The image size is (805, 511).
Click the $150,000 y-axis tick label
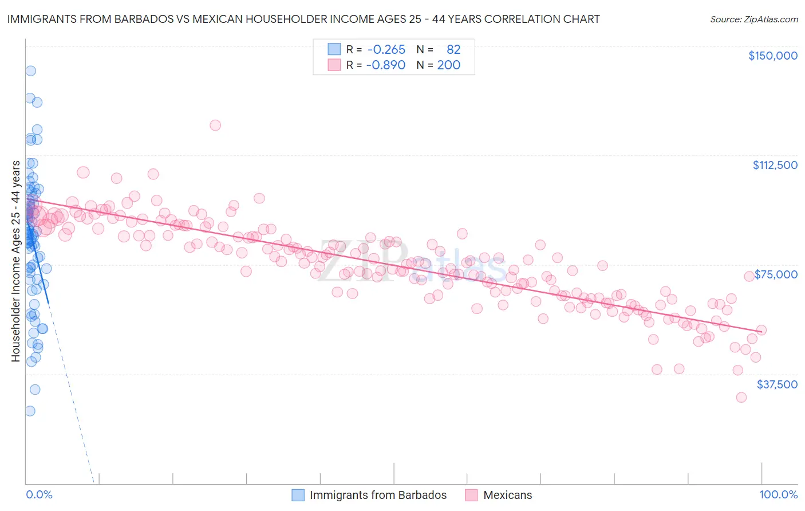pyautogui.click(x=772, y=56)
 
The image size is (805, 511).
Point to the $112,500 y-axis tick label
pyautogui.click(x=775, y=165)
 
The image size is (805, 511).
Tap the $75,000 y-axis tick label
pyautogui.click(x=776, y=274)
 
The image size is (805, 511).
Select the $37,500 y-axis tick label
pyautogui.click(x=777, y=384)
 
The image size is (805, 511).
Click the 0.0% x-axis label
pyautogui.click(x=39, y=495)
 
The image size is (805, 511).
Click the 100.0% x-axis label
pyautogui.click(x=778, y=495)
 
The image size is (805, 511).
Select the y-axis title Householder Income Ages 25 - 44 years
pyautogui.click(x=15, y=261)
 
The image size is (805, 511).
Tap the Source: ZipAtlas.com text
pyautogui.click(x=753, y=19)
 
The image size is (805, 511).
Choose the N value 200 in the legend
pyautogui.click(x=448, y=65)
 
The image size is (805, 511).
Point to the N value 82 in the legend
pyautogui.click(x=453, y=50)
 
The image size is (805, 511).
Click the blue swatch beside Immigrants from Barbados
pyautogui.click(x=298, y=495)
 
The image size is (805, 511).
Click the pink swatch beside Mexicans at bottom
pyautogui.click(x=471, y=495)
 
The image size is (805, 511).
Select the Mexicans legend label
pyautogui.click(x=507, y=495)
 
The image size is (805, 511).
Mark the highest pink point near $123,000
pyautogui.click(x=215, y=125)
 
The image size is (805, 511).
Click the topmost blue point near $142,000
pyautogui.click(x=30, y=71)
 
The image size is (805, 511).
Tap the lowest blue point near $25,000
pyautogui.click(x=30, y=411)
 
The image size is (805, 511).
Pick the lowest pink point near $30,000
pyautogui.click(x=741, y=398)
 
